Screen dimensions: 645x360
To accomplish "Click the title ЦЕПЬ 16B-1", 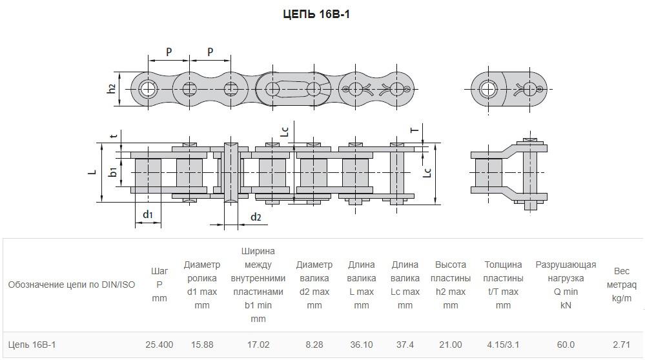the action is point(316,14).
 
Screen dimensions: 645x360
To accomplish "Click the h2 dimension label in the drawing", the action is point(112,88).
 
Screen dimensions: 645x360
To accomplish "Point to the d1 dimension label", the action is point(148,214).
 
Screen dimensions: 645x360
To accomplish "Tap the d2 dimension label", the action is point(256,217).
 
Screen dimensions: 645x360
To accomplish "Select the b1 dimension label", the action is point(113,171).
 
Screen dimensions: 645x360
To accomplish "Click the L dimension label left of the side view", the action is point(92,171).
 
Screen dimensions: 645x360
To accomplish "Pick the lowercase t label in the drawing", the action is point(114,135).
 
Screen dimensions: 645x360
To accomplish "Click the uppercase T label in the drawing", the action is point(415,130).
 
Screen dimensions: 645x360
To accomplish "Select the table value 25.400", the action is point(159,345).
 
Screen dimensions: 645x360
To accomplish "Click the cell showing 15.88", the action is point(202,345).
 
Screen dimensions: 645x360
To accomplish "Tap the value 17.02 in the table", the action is point(258,345).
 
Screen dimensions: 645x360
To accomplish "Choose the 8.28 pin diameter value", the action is point(314,345).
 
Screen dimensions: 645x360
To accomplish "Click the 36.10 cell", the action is point(361,345).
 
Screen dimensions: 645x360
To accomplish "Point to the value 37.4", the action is point(405,345).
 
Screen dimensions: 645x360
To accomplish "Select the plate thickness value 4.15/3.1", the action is point(503,345).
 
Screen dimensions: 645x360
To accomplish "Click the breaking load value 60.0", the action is point(566,345).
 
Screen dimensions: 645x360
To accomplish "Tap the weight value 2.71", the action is point(621,345).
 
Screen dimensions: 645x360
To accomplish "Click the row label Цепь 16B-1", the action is point(32,345).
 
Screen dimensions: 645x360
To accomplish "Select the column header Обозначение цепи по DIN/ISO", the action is point(72,285).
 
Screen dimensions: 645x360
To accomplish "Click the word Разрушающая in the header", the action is point(566,265).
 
